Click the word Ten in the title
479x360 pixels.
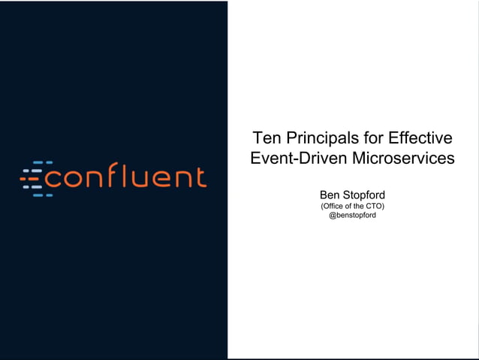point(266,138)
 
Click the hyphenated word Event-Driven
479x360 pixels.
point(292,159)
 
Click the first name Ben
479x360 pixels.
point(330,195)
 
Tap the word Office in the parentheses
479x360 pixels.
point(335,206)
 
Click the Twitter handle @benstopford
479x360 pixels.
point(352,216)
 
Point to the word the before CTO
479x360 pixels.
point(358,206)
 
